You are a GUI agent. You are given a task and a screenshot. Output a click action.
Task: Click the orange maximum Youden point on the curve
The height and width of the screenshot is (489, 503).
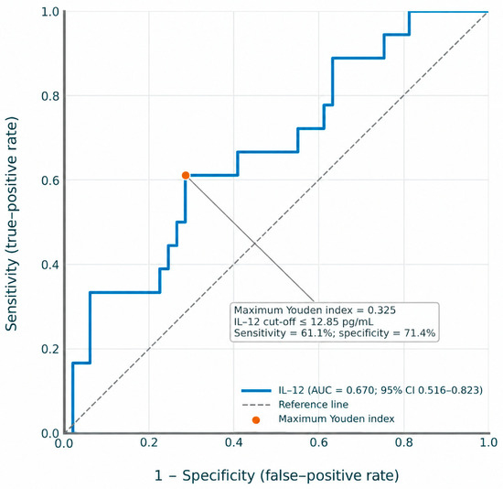[x=186, y=175]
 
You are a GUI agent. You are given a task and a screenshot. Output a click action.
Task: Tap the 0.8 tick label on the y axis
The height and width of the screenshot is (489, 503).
[x=50, y=96]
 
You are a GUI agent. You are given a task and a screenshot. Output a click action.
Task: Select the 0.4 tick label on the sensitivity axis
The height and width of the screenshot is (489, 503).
[x=50, y=265]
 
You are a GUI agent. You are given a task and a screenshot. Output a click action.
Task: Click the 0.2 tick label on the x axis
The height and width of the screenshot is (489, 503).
[x=149, y=442]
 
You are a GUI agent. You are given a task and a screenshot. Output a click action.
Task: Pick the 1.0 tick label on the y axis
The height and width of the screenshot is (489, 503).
[x=50, y=12]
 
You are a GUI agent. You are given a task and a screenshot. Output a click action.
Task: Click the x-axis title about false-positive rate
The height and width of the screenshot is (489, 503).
[x=276, y=475]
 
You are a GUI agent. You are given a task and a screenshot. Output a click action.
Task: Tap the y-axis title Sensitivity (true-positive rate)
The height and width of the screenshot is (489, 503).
[x=11, y=223]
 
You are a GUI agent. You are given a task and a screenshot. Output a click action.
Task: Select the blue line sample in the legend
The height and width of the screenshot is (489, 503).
[x=256, y=391]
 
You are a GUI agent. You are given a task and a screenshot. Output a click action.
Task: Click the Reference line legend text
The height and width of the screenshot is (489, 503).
[x=313, y=404]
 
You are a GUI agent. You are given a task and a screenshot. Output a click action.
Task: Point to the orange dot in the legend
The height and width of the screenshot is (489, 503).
[x=256, y=420]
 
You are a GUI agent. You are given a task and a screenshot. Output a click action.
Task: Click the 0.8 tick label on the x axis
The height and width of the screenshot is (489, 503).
[x=404, y=442]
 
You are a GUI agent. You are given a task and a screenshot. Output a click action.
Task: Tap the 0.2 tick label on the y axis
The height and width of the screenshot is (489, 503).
[x=50, y=349]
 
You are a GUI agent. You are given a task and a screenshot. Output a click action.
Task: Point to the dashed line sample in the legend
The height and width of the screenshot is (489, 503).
[x=256, y=405]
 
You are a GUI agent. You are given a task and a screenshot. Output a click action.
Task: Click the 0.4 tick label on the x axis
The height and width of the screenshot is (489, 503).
[x=233, y=442]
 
